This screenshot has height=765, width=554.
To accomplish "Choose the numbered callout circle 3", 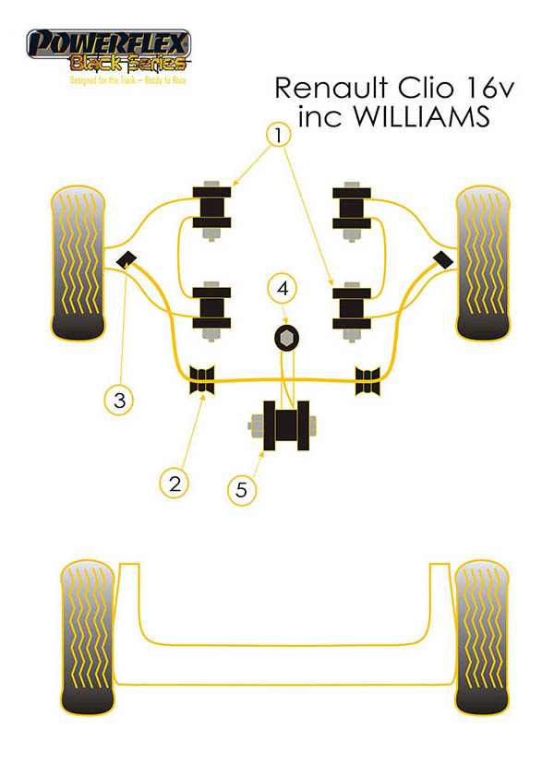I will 119,400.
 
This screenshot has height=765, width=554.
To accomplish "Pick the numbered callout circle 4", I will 283,289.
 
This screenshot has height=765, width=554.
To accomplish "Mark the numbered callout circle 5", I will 242,489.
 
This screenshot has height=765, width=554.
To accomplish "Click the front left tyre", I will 80,263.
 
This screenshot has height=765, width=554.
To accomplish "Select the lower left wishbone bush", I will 212,307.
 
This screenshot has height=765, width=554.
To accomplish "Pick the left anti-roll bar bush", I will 201,378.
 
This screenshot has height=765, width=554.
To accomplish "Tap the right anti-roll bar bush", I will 368,378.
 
